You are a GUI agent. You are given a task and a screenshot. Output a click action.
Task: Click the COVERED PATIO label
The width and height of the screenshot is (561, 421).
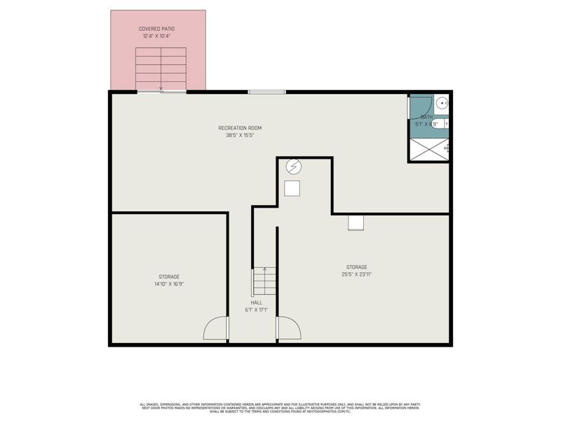pos(158,29)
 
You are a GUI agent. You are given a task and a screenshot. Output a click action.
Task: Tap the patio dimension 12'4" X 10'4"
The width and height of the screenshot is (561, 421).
pos(158,36)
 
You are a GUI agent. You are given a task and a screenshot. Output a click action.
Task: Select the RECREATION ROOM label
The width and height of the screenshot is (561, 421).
pos(240,128)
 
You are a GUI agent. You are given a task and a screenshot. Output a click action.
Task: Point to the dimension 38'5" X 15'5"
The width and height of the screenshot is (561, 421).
pos(240,135)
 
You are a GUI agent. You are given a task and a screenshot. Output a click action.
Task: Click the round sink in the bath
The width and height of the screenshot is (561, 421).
pos(442,104)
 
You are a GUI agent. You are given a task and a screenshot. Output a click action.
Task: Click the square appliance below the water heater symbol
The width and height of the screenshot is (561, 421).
pos(292,188)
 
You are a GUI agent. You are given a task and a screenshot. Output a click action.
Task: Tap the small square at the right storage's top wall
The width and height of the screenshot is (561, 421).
pos(356,222)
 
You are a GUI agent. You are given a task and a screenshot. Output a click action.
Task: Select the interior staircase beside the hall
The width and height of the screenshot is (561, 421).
pos(265,281)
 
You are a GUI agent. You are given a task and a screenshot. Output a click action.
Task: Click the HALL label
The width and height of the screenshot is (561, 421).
pos(257,302)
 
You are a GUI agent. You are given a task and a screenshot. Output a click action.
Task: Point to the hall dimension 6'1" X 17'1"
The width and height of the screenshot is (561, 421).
pos(257,309)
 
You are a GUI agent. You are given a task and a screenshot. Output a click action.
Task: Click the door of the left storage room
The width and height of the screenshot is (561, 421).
pos(216,329)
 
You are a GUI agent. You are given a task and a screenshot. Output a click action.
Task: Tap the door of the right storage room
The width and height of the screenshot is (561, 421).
pos(288,328)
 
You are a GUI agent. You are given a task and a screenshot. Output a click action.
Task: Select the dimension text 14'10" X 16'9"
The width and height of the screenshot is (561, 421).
pos(168,284)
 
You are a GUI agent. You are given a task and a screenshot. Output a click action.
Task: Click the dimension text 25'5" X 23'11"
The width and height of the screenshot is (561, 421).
pos(356,274)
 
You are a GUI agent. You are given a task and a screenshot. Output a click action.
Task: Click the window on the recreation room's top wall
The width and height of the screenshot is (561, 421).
pos(266,91)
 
